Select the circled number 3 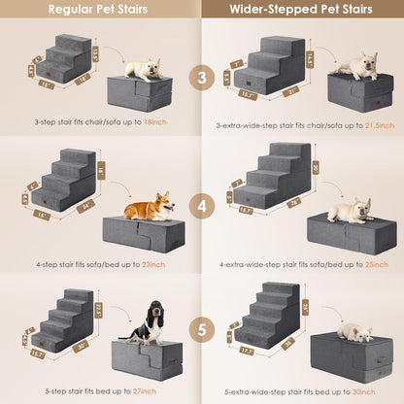pos(201,77)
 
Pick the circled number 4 pos(201,207)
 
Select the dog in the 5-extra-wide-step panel pos(353,332)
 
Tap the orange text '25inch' pos(361,263)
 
